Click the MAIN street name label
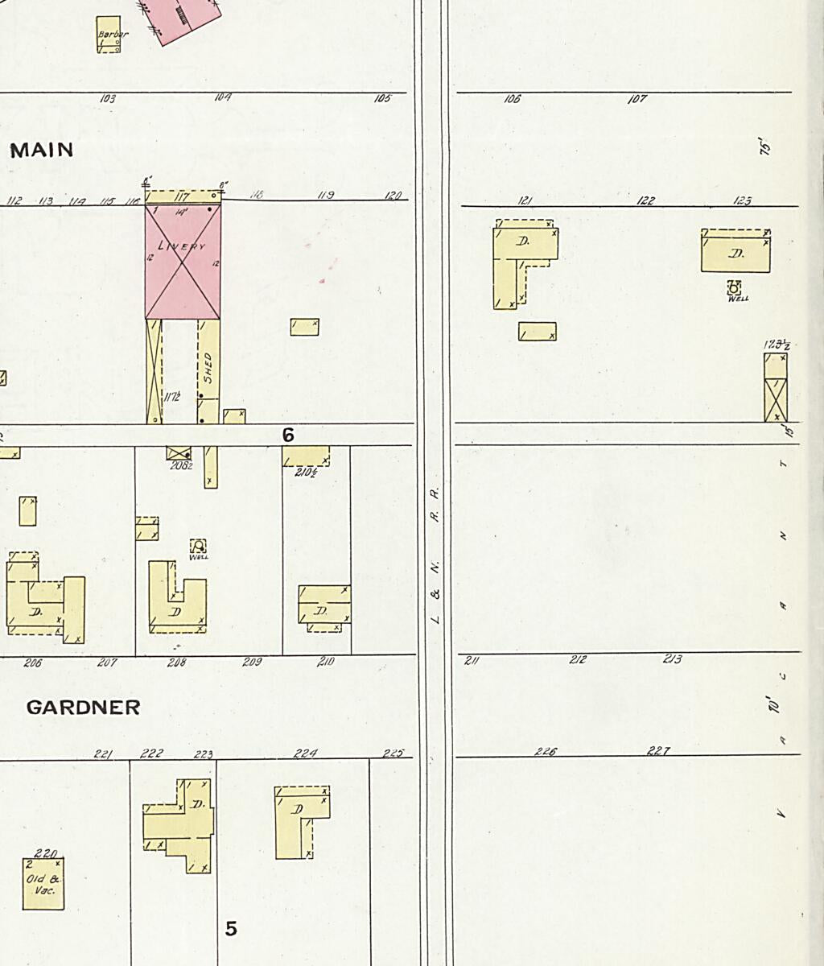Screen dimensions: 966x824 pyautogui.click(x=42, y=150)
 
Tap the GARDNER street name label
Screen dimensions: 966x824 pyautogui.click(x=83, y=708)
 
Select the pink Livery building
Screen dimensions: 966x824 pyautogui.click(x=183, y=262)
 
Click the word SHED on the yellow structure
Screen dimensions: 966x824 pyautogui.click(x=208, y=366)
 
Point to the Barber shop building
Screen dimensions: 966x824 pyautogui.click(x=109, y=35)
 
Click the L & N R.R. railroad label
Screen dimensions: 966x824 pyautogui.click(x=435, y=555)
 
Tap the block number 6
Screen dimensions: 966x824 pyautogui.click(x=288, y=435)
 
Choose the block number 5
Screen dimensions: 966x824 pyautogui.click(x=231, y=929)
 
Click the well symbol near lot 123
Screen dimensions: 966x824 pyautogui.click(x=734, y=288)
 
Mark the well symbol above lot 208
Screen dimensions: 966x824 pyautogui.click(x=198, y=546)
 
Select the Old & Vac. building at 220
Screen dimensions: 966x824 pyautogui.click(x=43, y=884)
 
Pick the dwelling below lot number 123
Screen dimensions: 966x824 pyautogui.click(x=735, y=252)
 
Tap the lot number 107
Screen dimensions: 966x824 pyautogui.click(x=637, y=100)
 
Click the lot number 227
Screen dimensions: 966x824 pyautogui.click(x=658, y=751)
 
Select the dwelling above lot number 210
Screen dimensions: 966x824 pyautogui.click(x=323, y=609)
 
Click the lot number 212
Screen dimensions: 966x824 pyautogui.click(x=577, y=659)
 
